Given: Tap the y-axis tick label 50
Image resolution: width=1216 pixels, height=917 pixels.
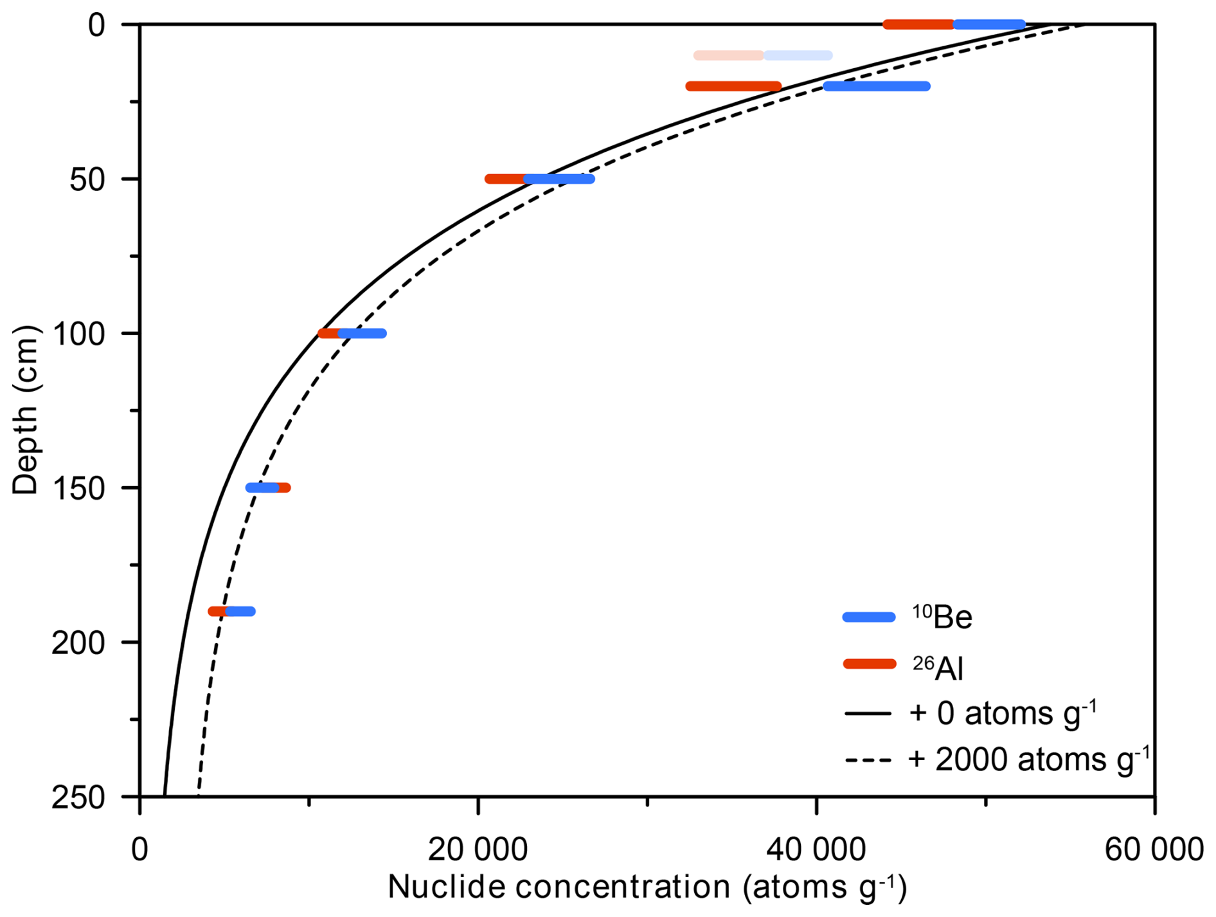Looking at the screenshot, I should click(87, 179).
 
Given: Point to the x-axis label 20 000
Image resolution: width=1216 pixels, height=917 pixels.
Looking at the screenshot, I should click(478, 849).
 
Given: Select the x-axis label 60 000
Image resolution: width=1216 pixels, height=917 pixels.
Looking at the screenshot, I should click(1154, 849).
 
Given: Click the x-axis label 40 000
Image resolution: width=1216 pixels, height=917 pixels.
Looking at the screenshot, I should click(816, 849).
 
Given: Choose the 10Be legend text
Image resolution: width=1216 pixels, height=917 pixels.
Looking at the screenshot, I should click(942, 617).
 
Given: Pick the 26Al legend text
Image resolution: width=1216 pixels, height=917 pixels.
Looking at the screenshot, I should click(938, 668).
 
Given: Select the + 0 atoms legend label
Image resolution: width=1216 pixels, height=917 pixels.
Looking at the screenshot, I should click(1003, 713).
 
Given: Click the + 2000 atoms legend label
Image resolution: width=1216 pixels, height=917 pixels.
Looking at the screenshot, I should click(1029, 759).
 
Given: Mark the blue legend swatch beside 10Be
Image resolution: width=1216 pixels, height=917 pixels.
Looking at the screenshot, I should click(869, 617).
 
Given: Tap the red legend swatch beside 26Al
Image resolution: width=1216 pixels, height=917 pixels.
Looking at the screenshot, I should click(869, 664).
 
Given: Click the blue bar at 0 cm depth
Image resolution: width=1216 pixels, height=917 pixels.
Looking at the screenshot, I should click(990, 24).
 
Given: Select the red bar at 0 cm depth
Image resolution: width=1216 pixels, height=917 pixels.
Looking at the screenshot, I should click(918, 24).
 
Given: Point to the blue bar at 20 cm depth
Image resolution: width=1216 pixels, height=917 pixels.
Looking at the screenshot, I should click(877, 86).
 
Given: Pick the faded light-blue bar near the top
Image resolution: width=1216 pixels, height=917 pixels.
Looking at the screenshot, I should click(798, 55).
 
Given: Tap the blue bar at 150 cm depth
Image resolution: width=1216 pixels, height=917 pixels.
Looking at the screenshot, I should click(262, 487).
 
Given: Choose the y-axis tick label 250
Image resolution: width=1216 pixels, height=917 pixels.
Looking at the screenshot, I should click(78, 797).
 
